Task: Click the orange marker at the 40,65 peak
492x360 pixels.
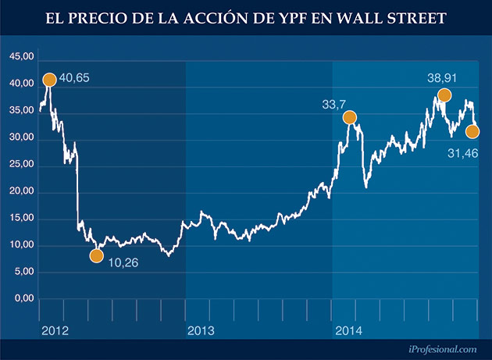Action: [x=49, y=80]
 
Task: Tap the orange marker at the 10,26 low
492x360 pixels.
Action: [x=97, y=255]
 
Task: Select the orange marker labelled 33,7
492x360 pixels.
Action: [x=350, y=117]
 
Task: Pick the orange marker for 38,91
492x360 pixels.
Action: [x=444, y=95]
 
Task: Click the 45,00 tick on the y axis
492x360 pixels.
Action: [x=20, y=57]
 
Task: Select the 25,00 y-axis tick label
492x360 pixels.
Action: [x=20, y=165]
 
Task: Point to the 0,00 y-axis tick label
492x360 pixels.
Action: [x=23, y=299]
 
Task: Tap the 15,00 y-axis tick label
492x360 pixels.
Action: [x=20, y=219]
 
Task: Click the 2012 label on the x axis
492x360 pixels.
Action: [x=55, y=332]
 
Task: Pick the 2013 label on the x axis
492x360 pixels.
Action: [x=201, y=332]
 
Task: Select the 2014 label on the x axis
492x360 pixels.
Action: [x=348, y=332]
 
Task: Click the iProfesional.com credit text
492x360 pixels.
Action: [x=441, y=351]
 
